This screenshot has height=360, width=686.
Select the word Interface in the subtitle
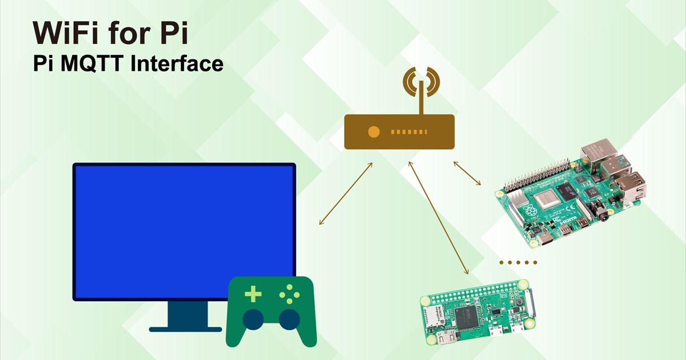177,63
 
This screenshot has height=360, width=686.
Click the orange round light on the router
374,132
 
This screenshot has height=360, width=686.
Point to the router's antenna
421,97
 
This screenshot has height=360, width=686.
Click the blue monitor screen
184,232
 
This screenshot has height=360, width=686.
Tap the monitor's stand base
185,329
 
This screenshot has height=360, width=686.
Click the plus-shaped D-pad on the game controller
253,294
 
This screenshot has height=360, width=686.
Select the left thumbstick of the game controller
253,319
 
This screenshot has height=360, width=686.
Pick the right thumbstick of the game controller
289,319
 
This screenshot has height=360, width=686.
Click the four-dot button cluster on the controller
289,294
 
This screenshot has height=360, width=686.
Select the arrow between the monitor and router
346,194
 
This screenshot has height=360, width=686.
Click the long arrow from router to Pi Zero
438,218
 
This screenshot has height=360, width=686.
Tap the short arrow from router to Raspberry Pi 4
467,174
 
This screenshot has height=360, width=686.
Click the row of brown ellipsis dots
518,262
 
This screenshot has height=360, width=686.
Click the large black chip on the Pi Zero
466,317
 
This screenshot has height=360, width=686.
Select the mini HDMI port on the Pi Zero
448,338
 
